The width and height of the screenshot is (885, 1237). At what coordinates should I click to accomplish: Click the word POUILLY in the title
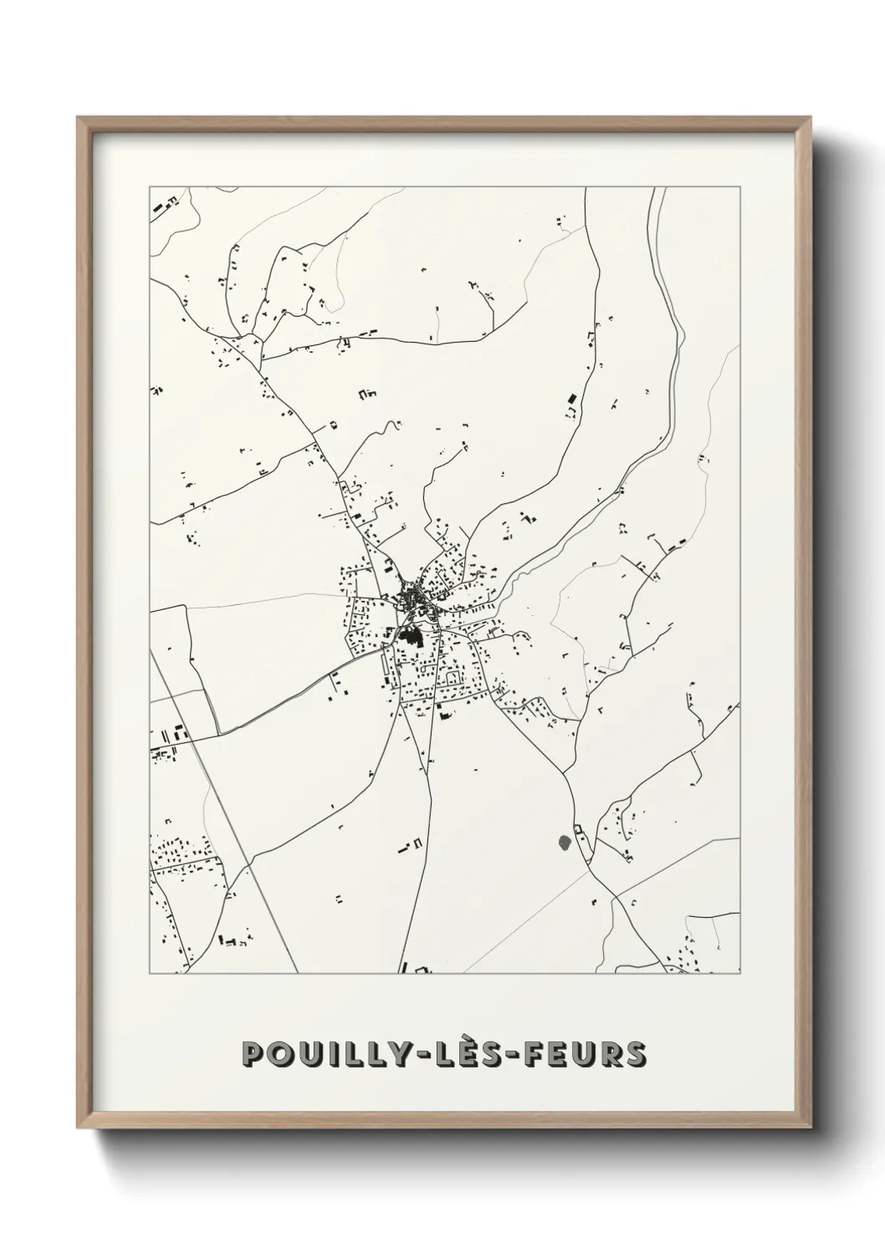pos(312,1054)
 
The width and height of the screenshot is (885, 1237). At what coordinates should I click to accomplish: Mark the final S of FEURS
pos(633,1054)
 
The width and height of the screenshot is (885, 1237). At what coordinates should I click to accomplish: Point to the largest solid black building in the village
pos(409,639)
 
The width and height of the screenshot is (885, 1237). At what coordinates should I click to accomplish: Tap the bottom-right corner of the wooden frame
pos(813,1128)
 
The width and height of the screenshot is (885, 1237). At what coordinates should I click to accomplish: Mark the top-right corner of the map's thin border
pos(740,187)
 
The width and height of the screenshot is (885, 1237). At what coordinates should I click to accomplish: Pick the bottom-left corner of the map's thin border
pos(150,974)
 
